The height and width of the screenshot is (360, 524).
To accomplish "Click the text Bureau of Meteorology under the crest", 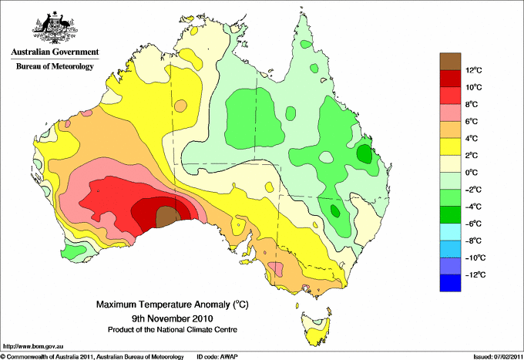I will (55, 67).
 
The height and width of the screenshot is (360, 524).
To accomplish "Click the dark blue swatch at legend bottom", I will (450, 283).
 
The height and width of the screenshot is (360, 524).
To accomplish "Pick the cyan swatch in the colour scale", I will (450, 232).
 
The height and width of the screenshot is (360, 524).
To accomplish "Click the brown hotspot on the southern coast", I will (166, 217).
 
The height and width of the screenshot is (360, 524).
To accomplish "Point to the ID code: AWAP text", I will (222, 356).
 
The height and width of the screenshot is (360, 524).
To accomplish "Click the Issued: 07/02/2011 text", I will (495, 356).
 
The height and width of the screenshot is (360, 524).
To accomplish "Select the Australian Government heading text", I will (55, 52).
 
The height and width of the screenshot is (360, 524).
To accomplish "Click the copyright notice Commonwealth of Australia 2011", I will (92, 356).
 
